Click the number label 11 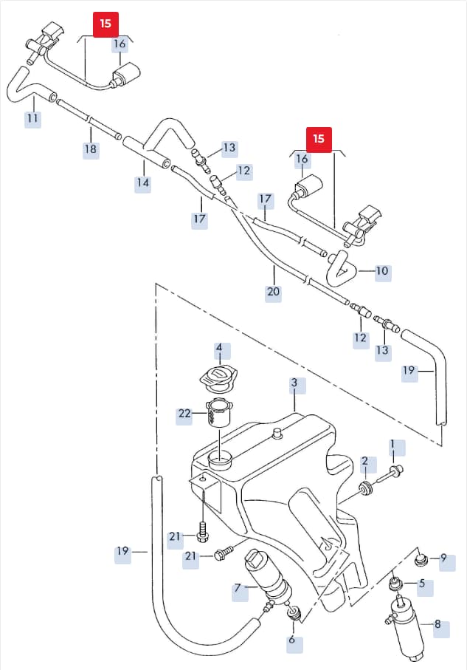click(x=33, y=118)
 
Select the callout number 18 click(x=91, y=149)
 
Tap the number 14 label click(x=143, y=183)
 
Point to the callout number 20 click(x=273, y=292)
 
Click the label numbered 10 click(x=382, y=271)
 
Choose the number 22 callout click(x=184, y=414)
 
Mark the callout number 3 click(x=294, y=383)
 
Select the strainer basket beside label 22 click(x=218, y=413)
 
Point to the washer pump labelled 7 click(x=268, y=578)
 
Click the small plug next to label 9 click(x=422, y=559)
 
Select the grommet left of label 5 click(x=395, y=584)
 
